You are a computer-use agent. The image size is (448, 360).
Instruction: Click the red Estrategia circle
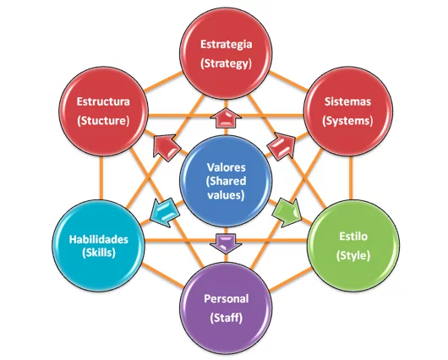coord(226,52)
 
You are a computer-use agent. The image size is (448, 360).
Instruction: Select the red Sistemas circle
coord(347,111)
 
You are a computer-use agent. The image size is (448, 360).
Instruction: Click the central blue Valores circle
coord(226,180)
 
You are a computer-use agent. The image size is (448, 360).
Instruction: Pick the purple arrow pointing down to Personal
coord(226,242)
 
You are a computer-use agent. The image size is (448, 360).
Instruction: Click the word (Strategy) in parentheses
coord(226,63)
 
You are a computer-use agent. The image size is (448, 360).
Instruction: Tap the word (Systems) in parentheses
coord(347,120)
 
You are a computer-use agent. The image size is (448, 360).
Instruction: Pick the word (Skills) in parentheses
coord(100,253)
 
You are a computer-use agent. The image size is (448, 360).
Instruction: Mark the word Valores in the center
coord(226,167)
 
